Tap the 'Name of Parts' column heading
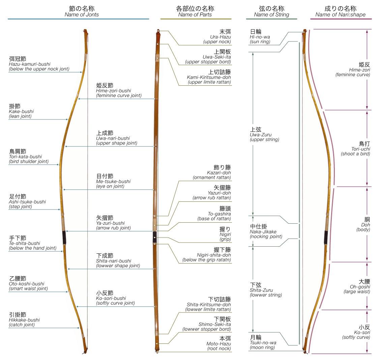click(x=195, y=15)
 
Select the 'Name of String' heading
click(x=271, y=15)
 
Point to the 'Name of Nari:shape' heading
click(x=340, y=15)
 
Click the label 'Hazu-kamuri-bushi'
click(x=30, y=64)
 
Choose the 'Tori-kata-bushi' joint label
click(x=26, y=157)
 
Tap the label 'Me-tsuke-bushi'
click(x=113, y=181)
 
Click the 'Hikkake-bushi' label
click(x=24, y=320)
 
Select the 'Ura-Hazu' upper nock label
click(x=221, y=37)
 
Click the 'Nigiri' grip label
click(x=225, y=234)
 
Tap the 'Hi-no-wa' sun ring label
click(x=260, y=37)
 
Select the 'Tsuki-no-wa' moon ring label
click(x=263, y=342)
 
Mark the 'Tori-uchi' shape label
click(x=360, y=149)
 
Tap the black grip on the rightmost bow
click(x=326, y=237)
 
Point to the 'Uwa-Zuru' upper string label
click(x=260, y=135)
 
